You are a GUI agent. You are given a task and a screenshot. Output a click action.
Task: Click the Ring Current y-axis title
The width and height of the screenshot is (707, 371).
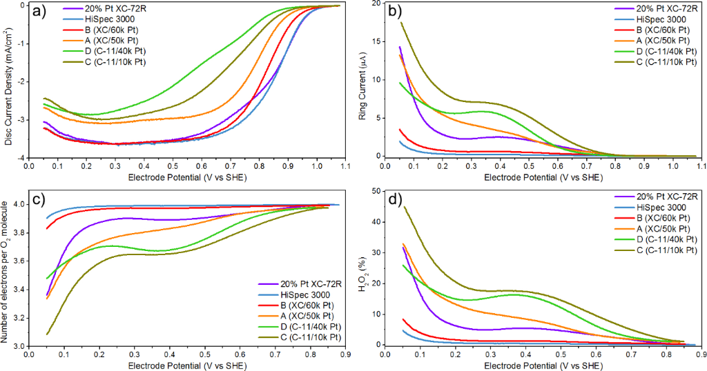[x=369, y=81]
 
